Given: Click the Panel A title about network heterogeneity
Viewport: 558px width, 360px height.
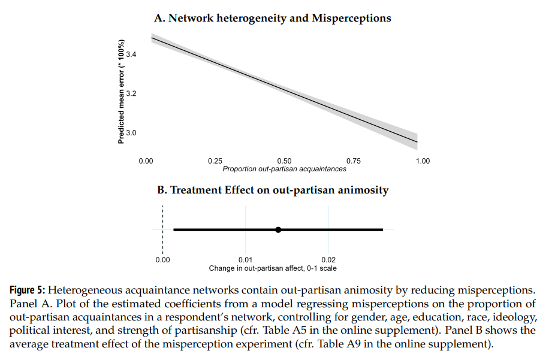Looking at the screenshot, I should (x=273, y=18).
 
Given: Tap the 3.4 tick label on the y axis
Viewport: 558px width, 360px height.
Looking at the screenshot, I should (x=131, y=55).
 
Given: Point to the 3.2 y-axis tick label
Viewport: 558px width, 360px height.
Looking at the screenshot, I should (x=131, y=93).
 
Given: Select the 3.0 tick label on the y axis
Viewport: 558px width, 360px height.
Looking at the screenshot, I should (x=131, y=132).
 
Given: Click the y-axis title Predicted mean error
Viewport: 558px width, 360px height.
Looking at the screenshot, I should (x=121, y=92).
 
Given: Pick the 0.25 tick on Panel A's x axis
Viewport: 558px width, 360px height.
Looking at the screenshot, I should (x=215, y=161).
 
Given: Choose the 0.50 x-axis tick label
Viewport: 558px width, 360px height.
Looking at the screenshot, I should (x=284, y=161).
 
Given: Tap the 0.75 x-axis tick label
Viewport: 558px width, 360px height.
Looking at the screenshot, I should (x=354, y=161).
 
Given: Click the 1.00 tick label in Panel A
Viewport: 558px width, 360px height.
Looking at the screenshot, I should (x=423, y=161).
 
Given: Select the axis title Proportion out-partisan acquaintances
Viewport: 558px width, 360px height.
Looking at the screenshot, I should (x=284, y=169).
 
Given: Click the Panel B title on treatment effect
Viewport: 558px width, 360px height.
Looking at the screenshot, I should (x=273, y=190).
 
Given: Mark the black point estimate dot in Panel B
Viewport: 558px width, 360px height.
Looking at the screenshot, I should (x=278, y=229).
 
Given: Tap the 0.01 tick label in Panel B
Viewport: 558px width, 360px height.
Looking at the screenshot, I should (x=245, y=260).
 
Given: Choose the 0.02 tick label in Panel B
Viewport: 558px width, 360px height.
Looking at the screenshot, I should (x=328, y=260).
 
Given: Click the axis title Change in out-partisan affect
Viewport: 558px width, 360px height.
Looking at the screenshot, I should (x=273, y=268).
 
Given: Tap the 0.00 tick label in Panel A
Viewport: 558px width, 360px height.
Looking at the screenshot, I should (x=146, y=161).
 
